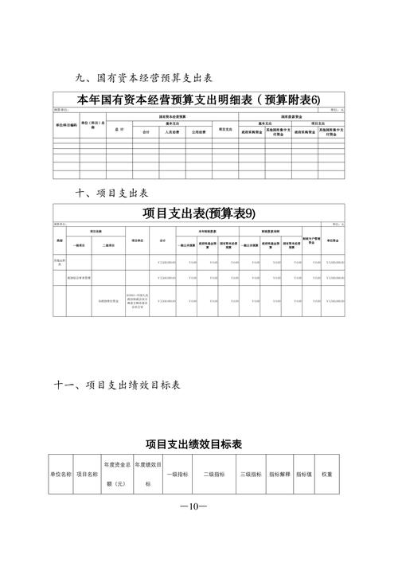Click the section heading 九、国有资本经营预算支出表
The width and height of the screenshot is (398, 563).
pos(142,79)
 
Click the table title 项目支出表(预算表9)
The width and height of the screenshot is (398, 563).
pos(199,213)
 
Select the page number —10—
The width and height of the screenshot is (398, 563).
pos(193,506)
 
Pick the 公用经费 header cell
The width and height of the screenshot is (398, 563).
pos(198,132)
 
